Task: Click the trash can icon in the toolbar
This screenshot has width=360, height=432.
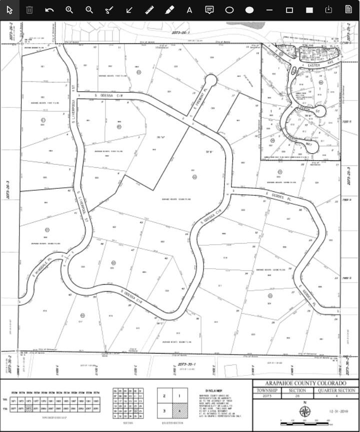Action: [x=29, y=10]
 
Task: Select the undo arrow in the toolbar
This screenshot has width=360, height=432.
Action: [x=49, y=10]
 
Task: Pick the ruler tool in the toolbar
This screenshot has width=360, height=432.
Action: [x=149, y=10]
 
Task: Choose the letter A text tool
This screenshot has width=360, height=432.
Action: [x=189, y=10]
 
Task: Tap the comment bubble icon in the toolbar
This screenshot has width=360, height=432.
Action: [x=209, y=10]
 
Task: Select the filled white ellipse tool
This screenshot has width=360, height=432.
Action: [x=249, y=10]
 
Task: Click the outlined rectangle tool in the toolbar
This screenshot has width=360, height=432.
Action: [x=289, y=10]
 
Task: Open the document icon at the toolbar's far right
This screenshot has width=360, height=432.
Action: [x=348, y=9]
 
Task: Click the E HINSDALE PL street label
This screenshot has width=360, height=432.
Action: [x=42, y=266]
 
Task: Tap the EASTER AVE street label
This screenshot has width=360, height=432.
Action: [x=313, y=65]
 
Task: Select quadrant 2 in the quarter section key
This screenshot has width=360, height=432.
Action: [x=164, y=396]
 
